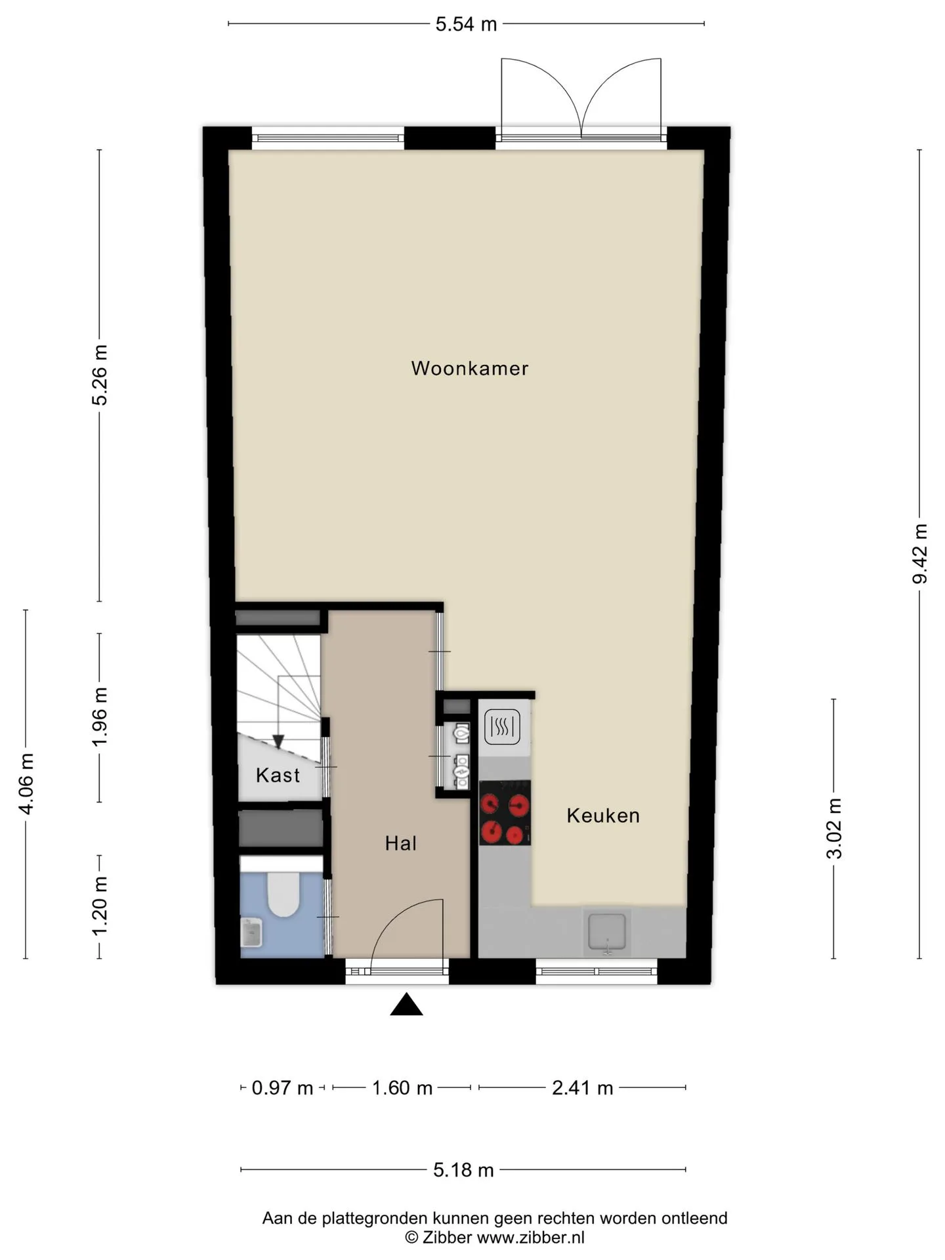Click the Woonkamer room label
tap(469, 368)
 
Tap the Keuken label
tap(603, 816)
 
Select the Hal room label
tap(400, 843)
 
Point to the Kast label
tap(278, 775)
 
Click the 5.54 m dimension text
tap(466, 24)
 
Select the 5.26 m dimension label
tap(100, 375)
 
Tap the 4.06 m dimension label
tap(26, 784)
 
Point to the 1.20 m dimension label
tap(100, 906)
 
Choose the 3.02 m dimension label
tap(834, 829)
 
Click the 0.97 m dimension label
tap(282, 1088)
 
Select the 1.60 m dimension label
tap(402, 1088)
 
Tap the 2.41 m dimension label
tap(582, 1088)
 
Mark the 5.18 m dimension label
tap(463, 1170)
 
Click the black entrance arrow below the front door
tap(406, 1005)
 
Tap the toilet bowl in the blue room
tap(283, 894)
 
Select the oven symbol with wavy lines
tap(502, 727)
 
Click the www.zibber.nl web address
tap(530, 1238)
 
